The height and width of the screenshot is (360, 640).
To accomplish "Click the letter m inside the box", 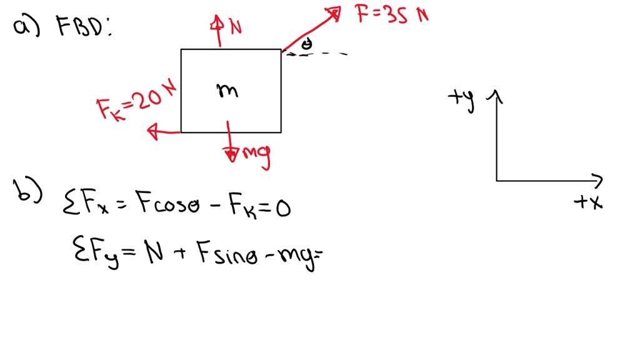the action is click(227, 90).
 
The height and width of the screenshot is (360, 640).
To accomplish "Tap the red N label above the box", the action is click(236, 27).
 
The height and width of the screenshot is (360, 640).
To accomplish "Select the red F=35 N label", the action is click(392, 14).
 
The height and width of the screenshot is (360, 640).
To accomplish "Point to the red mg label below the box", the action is click(256, 156).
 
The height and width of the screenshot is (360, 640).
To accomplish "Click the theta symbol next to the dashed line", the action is click(306, 43).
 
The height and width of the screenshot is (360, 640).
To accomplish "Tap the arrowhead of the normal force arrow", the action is click(217, 23).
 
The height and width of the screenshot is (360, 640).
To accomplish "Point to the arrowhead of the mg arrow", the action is click(231, 155).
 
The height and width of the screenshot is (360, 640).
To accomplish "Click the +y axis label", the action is click(462, 99).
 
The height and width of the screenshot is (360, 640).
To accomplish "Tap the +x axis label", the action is click(588, 202).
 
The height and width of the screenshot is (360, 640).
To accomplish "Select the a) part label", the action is click(26, 26).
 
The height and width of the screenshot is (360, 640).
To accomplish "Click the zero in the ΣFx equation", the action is click(283, 208).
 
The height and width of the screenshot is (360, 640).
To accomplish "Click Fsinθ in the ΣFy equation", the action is click(227, 253).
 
